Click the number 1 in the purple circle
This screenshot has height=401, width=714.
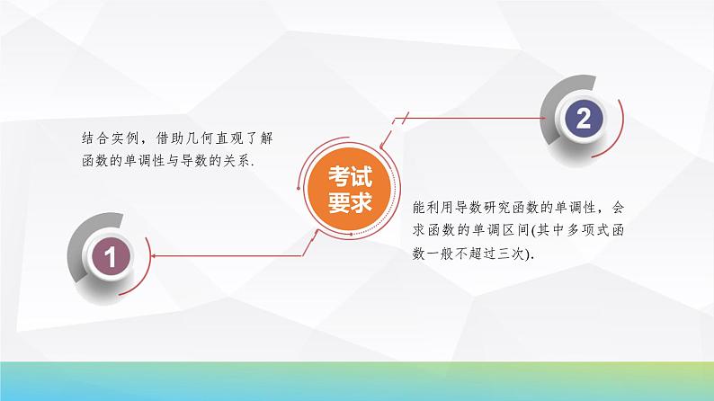click(x=110, y=258)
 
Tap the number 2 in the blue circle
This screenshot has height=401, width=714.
click(x=584, y=119)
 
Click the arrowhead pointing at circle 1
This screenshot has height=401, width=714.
click(x=154, y=257)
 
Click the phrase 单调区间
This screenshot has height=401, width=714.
click(x=495, y=231)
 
